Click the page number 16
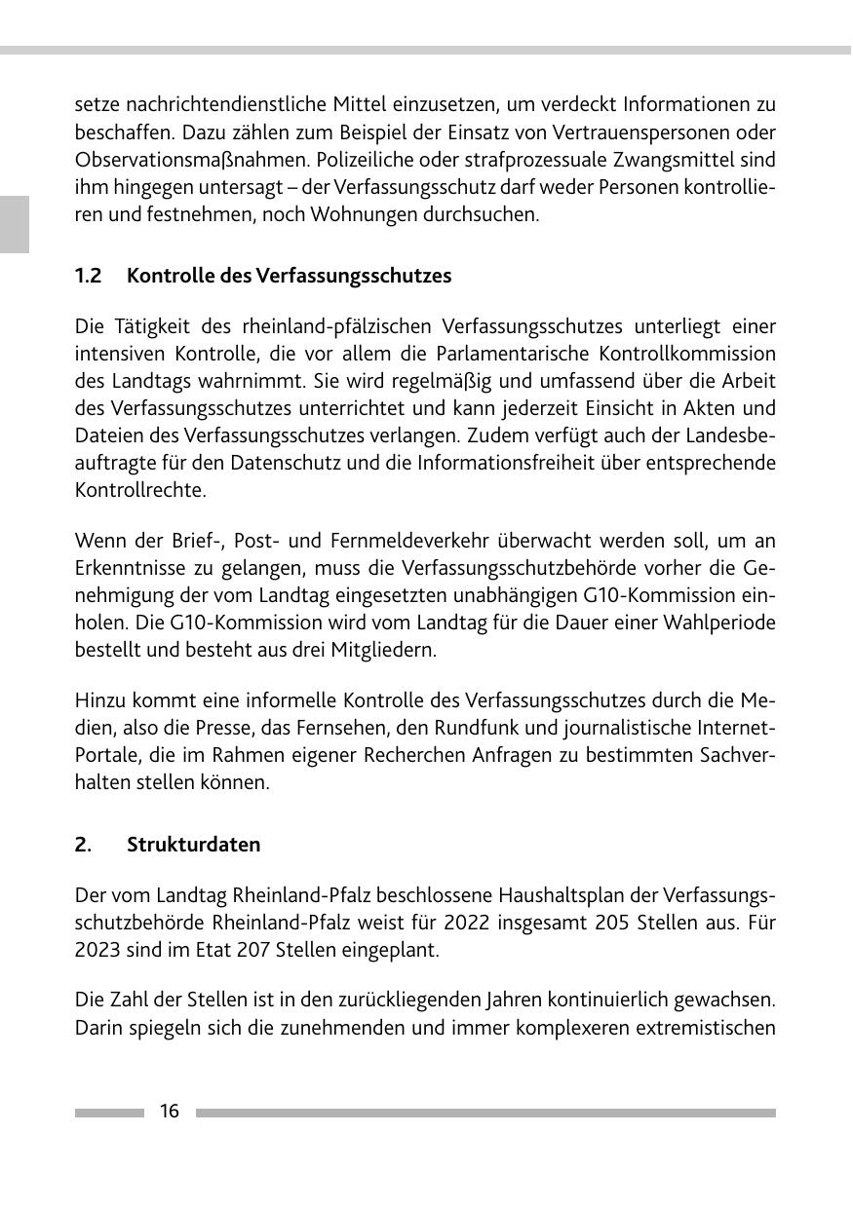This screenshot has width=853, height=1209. point(170,1112)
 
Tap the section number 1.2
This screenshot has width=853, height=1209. point(89,276)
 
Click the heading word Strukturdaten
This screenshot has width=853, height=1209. point(193,845)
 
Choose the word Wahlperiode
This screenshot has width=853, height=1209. point(720,622)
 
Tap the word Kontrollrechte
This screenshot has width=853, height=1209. point(140,489)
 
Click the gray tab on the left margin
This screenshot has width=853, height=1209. point(14,224)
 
